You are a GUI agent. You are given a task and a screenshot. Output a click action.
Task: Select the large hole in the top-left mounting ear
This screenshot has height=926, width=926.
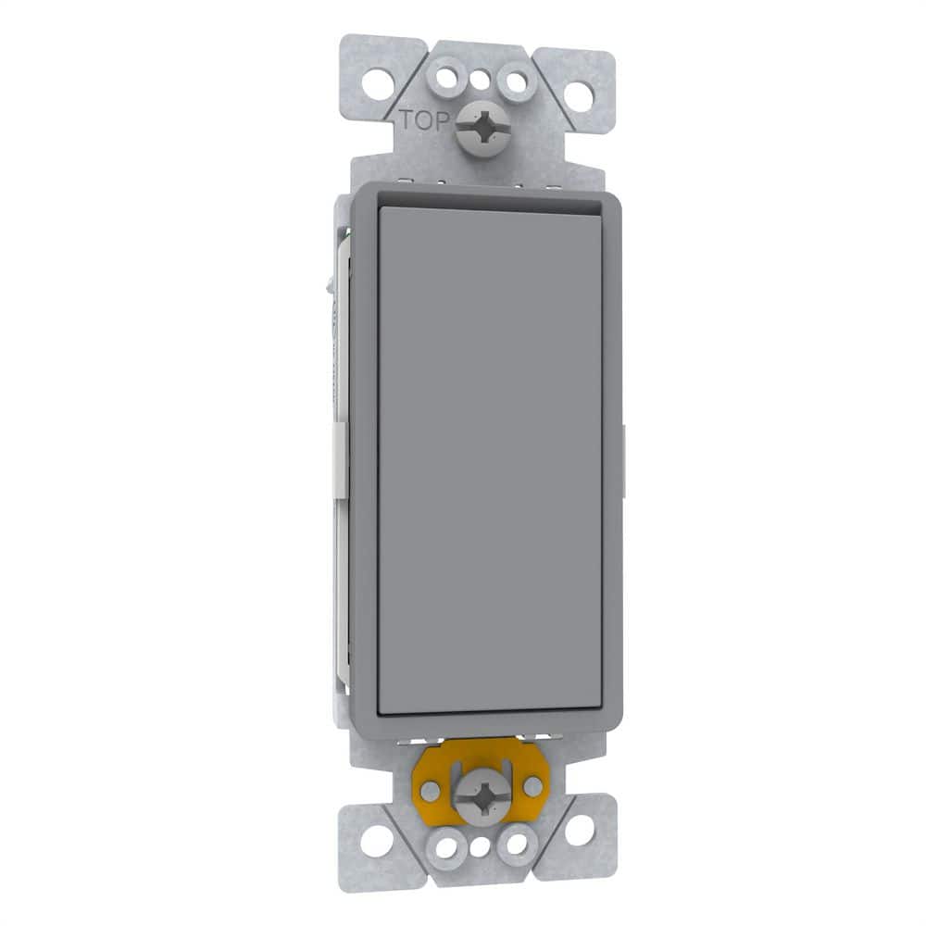click(x=376, y=83)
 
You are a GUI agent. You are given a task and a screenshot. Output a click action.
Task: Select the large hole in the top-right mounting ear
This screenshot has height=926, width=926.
click(x=579, y=94)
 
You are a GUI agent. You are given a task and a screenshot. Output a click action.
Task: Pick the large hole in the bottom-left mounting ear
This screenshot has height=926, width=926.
click(x=376, y=842)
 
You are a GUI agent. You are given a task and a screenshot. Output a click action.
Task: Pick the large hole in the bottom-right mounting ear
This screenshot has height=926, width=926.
click(x=579, y=830)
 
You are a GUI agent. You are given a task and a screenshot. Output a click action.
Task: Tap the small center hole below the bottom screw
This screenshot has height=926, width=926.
click(x=480, y=845)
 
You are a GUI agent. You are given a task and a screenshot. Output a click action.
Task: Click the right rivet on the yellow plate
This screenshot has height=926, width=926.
click(x=532, y=785)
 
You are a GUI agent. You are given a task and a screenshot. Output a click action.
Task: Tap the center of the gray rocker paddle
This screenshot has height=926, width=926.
click(x=491, y=458)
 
